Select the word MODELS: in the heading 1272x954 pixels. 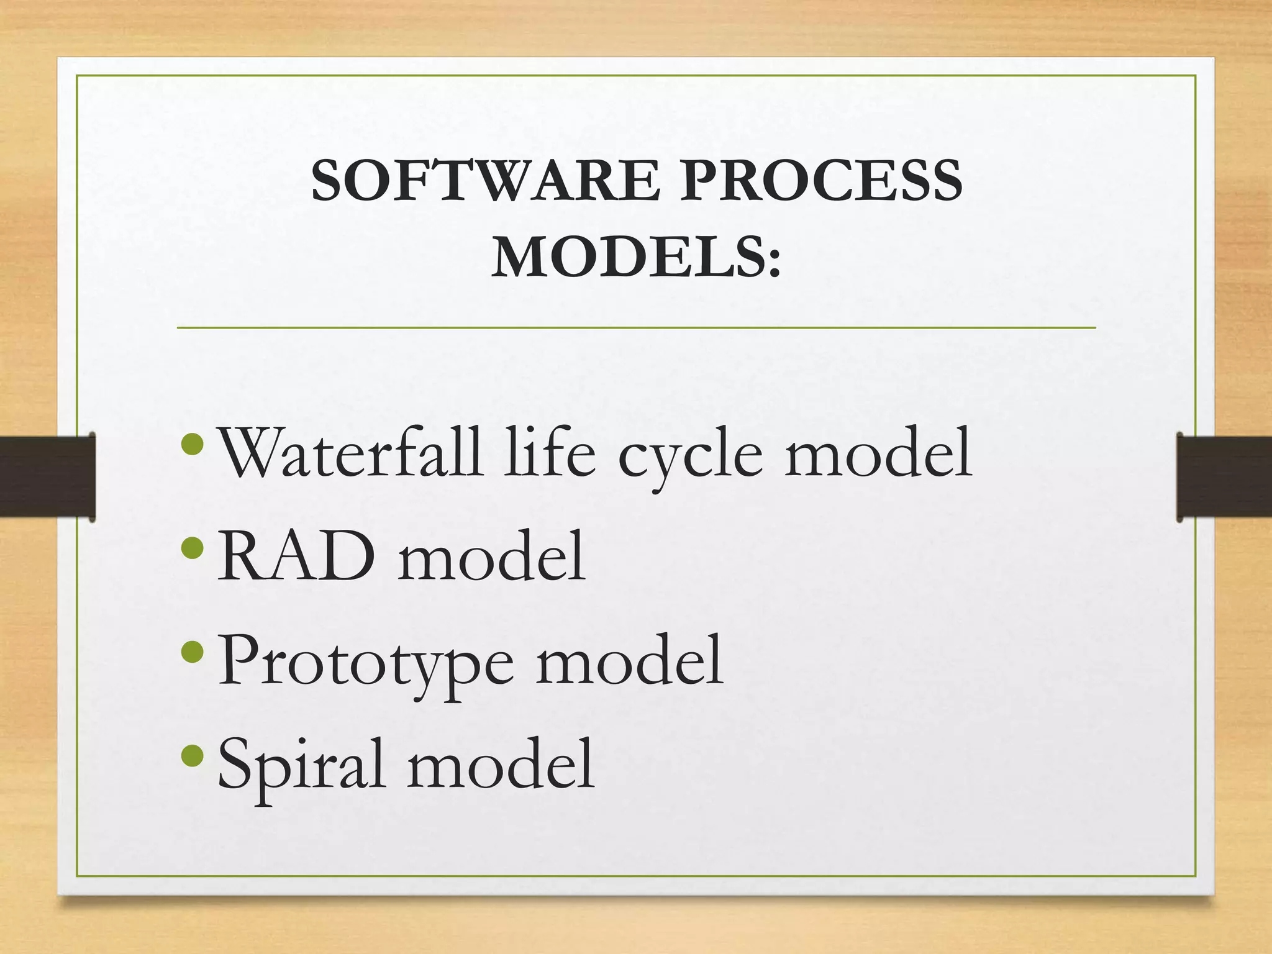[x=636, y=258]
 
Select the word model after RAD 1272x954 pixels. [x=491, y=556]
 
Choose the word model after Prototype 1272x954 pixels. [x=630, y=661]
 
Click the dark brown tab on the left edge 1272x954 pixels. [x=47, y=476]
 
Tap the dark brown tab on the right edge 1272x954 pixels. [x=1224, y=476]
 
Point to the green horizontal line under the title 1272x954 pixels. [x=636, y=327]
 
